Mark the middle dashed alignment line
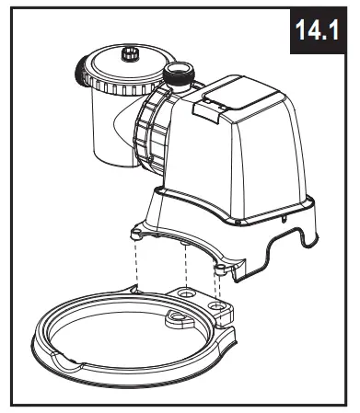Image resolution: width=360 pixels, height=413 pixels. (x=186, y=267)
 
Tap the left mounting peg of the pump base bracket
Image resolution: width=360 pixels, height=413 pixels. (x=136, y=233)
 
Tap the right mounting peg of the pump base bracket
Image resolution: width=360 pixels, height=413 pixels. (x=222, y=268)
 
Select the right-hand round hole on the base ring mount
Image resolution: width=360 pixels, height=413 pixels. (x=217, y=304)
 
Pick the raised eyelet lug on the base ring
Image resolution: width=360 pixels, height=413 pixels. (x=176, y=318)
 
